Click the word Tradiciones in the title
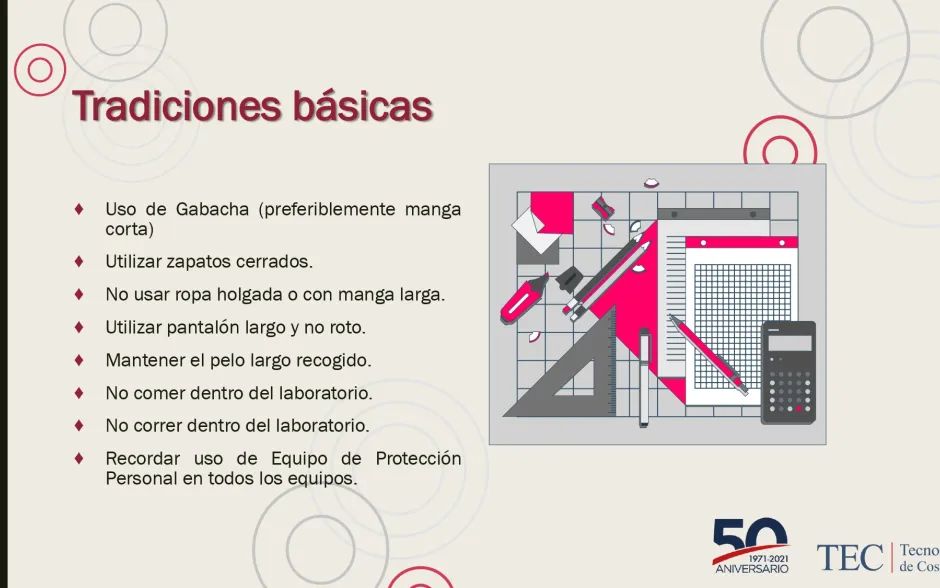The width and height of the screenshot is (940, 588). tap(177, 106)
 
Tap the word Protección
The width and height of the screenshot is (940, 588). tap(418, 459)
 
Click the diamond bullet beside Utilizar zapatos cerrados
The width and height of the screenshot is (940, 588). tap(79, 261)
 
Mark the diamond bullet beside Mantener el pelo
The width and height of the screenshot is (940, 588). tap(79, 360)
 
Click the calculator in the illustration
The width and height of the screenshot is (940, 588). tap(788, 373)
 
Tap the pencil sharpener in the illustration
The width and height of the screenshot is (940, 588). tap(603, 207)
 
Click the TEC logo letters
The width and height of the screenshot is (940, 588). tap(850, 558)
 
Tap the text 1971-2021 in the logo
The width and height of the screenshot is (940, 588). tap(769, 559)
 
